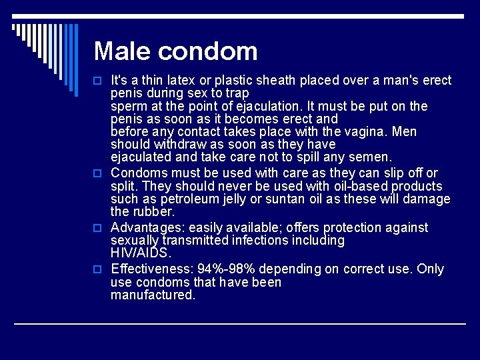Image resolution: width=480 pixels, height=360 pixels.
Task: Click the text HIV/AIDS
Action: click(x=141, y=253)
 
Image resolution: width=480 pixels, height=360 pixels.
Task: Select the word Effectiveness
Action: click(x=150, y=269)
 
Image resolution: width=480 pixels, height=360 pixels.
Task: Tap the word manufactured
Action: click(x=153, y=295)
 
